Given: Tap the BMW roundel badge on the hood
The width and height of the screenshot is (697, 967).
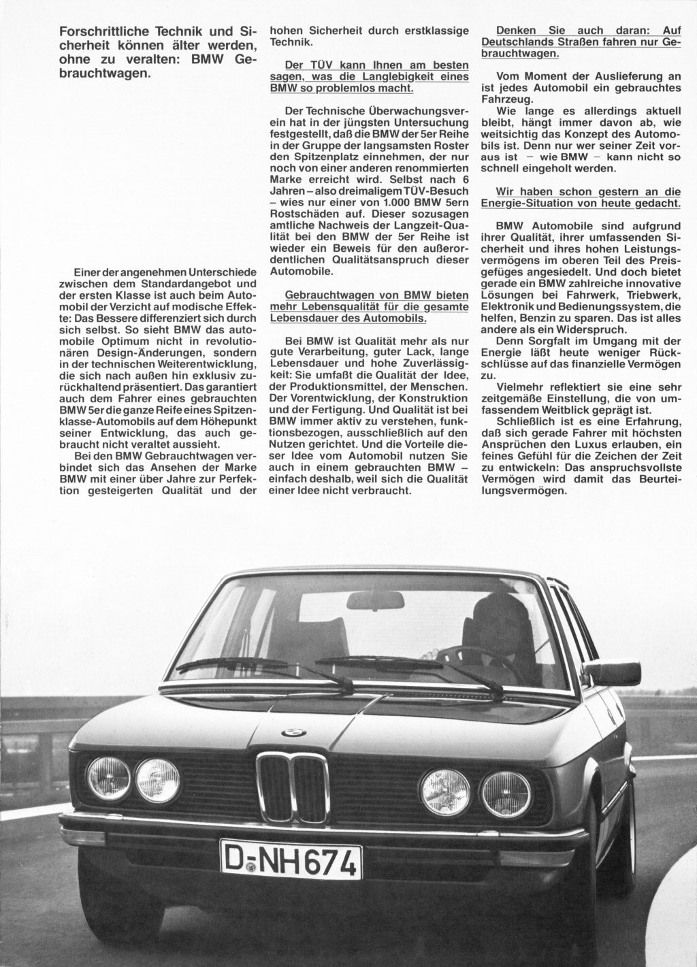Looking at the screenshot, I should click(293, 732).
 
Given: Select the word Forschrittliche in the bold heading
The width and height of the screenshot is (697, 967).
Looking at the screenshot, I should click(98, 31).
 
